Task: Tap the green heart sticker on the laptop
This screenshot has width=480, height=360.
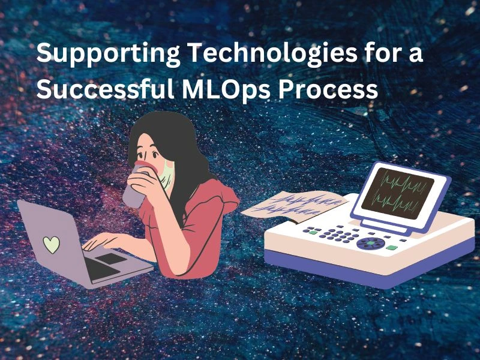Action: [x=52, y=244]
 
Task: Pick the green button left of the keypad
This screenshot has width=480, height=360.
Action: [x=311, y=230]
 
